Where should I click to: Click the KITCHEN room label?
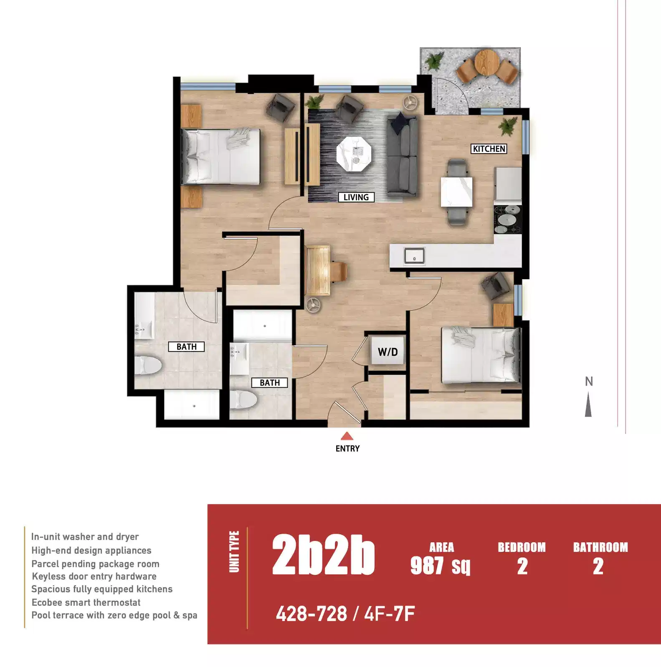pyautogui.click(x=489, y=149)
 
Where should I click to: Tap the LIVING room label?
pyautogui.click(x=356, y=197)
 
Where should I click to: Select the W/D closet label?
pyautogui.click(x=387, y=352)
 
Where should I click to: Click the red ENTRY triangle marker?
pyautogui.click(x=347, y=437)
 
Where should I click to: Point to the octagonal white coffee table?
pyautogui.click(x=354, y=153)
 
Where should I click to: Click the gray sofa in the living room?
pyautogui.click(x=402, y=157)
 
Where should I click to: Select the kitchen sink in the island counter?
pyautogui.click(x=414, y=256)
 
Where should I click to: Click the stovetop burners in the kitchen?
pyautogui.click(x=507, y=219)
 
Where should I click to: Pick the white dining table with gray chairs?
pyautogui.click(x=457, y=192)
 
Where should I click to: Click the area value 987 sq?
pyautogui.click(x=440, y=566)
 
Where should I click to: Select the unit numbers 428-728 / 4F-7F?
pyautogui.click(x=345, y=614)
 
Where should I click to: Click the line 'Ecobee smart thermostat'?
pyautogui.click(x=86, y=602)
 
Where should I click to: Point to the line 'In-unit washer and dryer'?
pyautogui.click(x=85, y=537)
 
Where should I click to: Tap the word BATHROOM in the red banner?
pyautogui.click(x=600, y=547)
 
